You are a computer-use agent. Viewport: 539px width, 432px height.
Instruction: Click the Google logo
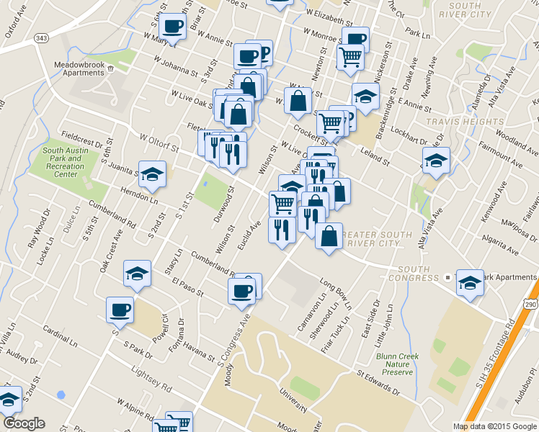[24, 423]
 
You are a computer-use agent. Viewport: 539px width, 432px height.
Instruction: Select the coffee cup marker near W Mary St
[172, 27]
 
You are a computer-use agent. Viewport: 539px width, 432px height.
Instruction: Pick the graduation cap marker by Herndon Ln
[152, 174]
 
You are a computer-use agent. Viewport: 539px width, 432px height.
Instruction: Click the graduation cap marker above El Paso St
[137, 274]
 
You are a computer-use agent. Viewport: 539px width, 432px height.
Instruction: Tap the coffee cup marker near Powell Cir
[120, 310]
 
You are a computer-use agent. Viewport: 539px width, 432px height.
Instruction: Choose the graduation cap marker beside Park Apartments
[470, 282]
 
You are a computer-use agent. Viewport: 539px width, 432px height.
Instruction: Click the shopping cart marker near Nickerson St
[350, 57]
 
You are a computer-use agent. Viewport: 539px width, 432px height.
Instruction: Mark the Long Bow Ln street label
[335, 294]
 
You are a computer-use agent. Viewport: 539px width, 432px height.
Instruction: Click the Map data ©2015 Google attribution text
[494, 426]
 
